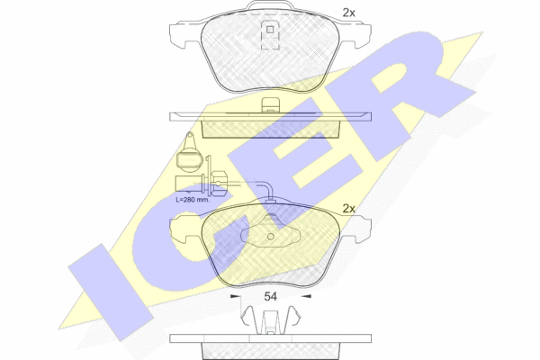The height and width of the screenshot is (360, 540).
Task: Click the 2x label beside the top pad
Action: (348, 13)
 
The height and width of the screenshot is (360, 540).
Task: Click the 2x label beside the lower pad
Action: (348, 209)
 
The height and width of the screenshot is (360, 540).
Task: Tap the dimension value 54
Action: (270, 297)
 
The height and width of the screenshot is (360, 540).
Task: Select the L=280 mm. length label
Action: (193, 200)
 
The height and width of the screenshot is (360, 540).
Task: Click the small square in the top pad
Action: (270, 30)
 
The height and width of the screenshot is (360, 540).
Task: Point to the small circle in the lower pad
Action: (271, 237)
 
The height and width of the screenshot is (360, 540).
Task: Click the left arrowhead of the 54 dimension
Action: (235, 296)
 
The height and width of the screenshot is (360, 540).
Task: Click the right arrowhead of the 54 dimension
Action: (306, 296)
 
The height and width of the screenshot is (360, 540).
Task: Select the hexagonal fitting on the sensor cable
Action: (217, 182)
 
